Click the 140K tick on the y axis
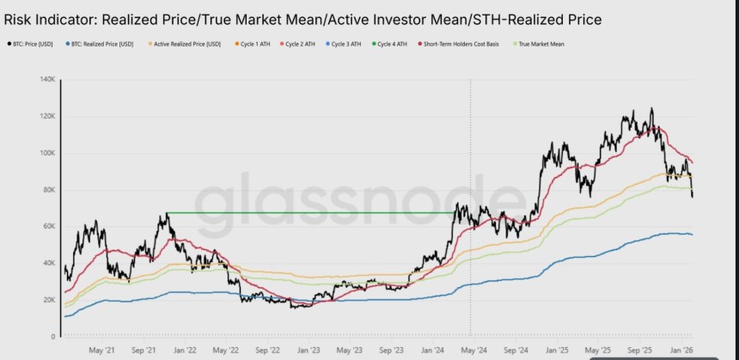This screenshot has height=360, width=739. tap(46, 80)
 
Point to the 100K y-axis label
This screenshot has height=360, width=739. tap(46, 153)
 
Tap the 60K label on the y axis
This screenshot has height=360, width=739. tap(48, 227)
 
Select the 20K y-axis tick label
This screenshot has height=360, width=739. tap(48, 300)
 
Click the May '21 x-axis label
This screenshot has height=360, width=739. tap(101, 350)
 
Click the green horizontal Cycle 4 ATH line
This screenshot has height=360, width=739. tap(309, 212)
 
